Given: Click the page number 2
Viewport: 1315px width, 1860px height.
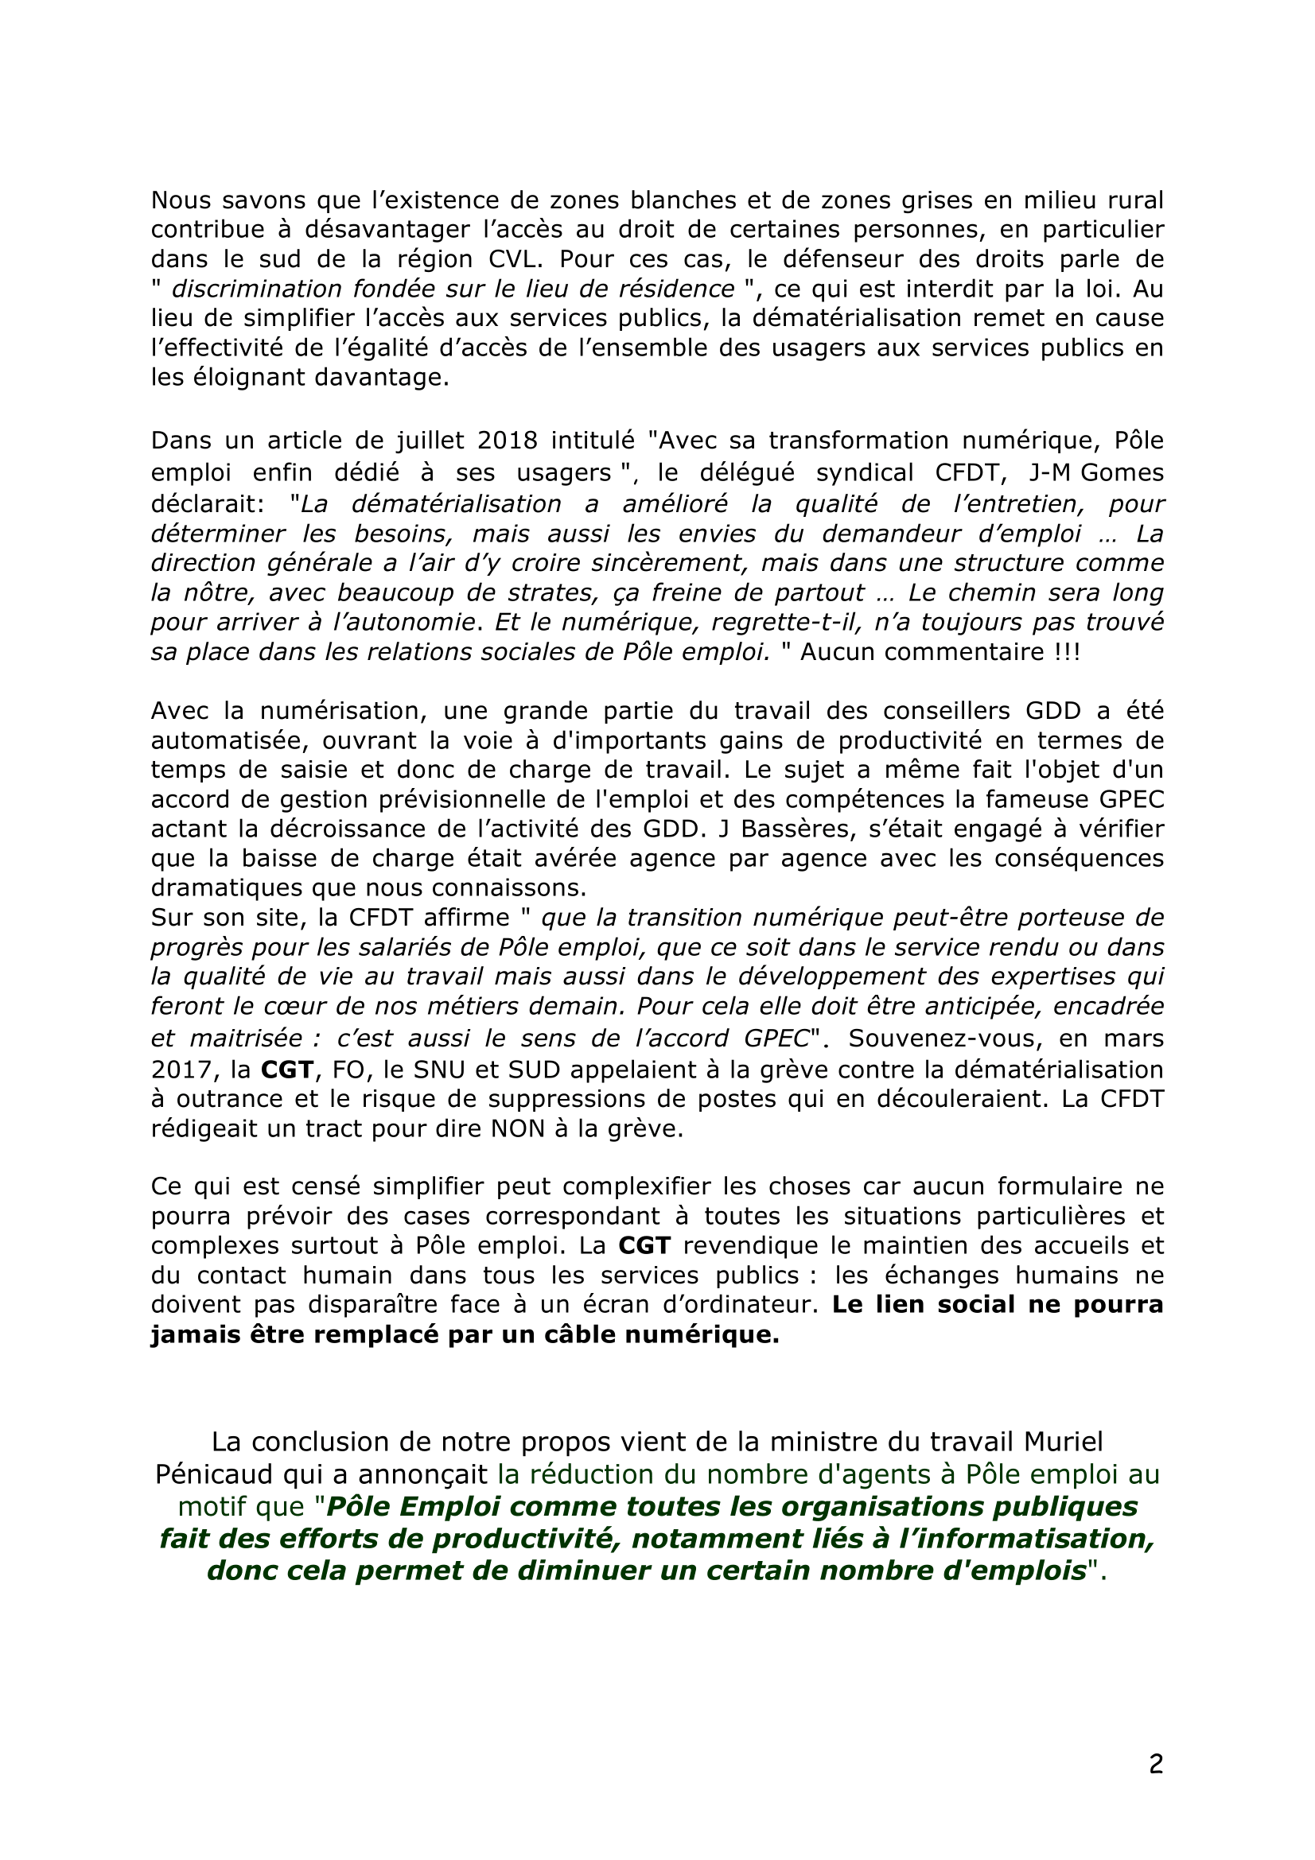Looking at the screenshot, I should click(1156, 1764).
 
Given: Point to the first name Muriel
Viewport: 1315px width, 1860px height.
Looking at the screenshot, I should click(1062, 1442).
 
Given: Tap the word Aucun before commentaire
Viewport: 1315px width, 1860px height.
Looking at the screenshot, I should click(838, 652).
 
